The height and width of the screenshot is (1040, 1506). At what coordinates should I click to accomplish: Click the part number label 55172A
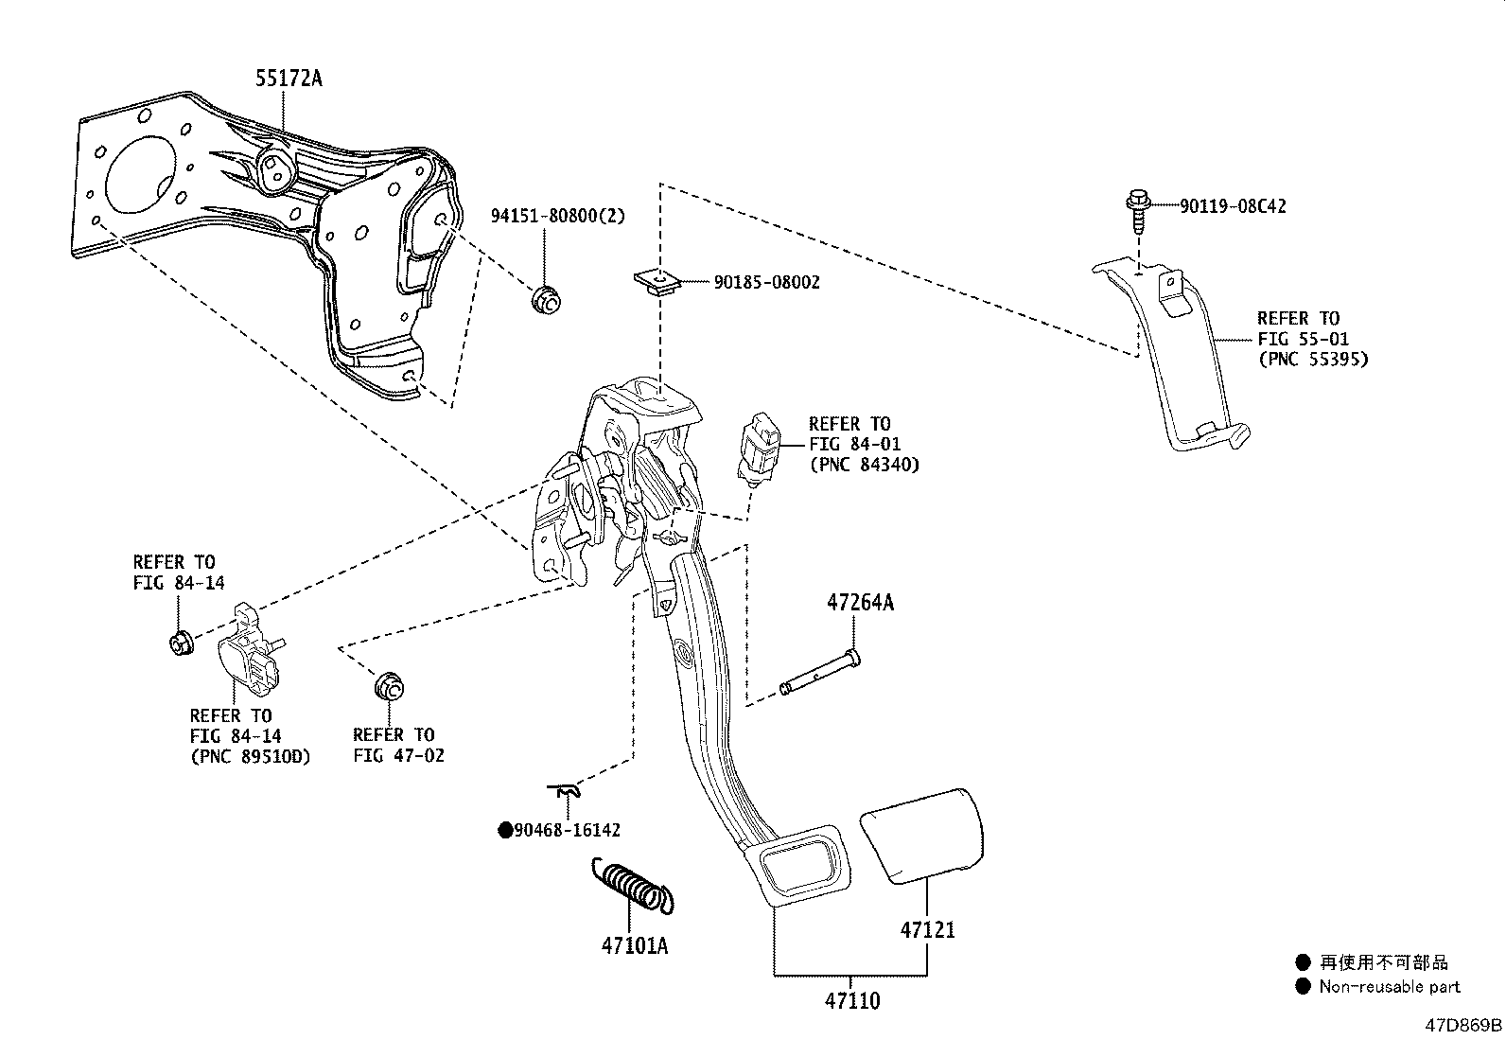click(x=288, y=79)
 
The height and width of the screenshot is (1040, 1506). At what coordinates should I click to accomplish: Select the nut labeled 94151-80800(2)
click(x=546, y=299)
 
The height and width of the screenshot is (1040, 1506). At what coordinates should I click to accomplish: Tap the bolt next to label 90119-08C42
click(x=1136, y=214)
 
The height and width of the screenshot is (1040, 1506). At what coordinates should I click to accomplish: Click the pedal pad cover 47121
click(x=922, y=833)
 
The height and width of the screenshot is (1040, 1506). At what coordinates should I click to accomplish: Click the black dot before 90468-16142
click(x=506, y=831)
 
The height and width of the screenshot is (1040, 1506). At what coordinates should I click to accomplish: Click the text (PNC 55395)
click(x=1312, y=359)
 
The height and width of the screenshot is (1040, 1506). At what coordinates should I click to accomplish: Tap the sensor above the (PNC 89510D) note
click(x=251, y=653)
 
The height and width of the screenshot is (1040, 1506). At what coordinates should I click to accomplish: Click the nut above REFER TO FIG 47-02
click(x=389, y=685)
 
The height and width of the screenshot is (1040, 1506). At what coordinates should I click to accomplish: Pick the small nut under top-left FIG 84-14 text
click(x=179, y=643)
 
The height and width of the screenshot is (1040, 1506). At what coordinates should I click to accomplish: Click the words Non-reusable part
click(x=1391, y=986)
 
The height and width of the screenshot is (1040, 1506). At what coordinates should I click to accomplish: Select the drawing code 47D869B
click(x=1464, y=1025)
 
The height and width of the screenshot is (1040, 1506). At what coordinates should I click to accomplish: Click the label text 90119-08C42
click(x=1233, y=206)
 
